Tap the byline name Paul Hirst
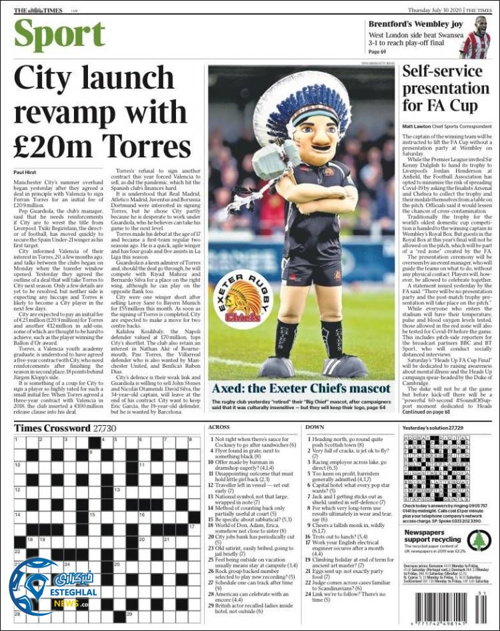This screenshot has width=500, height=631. pos(25,173)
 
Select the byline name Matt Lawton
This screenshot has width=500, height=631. pos(415,126)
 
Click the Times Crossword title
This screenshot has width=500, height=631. pos(53,428)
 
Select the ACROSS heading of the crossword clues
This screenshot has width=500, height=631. pos(219,427)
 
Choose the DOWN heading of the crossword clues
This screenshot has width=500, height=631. pos(315,427)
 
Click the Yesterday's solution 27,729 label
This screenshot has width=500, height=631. pos(434,427)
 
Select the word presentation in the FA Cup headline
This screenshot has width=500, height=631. pos(446,87)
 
